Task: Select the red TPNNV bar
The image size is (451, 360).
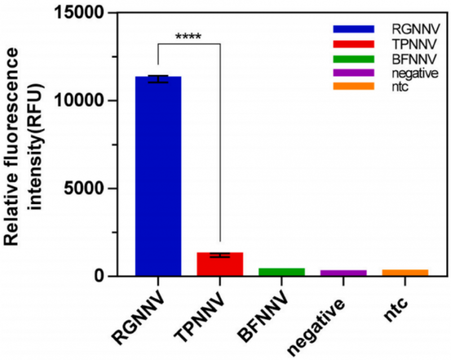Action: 220,264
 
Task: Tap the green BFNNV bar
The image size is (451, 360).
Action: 281,272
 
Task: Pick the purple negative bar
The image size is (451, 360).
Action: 343,273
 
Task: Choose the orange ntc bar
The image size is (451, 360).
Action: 405,273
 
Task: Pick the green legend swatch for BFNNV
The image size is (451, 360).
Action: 353,57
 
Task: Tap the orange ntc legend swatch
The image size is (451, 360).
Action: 353,86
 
